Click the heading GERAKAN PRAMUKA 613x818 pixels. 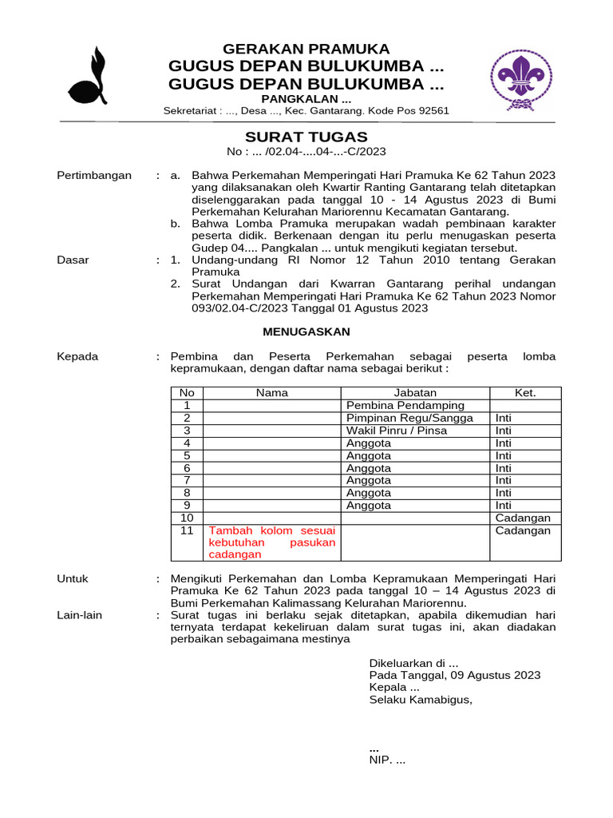click(x=306, y=49)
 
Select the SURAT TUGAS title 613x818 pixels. click(x=306, y=137)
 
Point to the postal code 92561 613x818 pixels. click(x=430, y=111)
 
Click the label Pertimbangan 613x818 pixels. click(x=94, y=176)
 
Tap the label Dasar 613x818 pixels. click(x=73, y=260)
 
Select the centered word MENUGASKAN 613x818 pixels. click(x=306, y=332)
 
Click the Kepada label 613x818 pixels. click(x=77, y=356)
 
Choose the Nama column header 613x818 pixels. click(x=272, y=393)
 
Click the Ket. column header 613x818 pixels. click(x=524, y=393)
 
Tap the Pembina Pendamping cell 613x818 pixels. click(x=405, y=406)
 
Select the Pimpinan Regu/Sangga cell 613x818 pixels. click(x=409, y=418)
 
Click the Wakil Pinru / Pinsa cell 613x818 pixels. click(x=397, y=431)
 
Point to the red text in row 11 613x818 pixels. click(x=272, y=542)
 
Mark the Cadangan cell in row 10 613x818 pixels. click(x=523, y=518)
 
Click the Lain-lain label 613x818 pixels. click(x=80, y=615)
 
